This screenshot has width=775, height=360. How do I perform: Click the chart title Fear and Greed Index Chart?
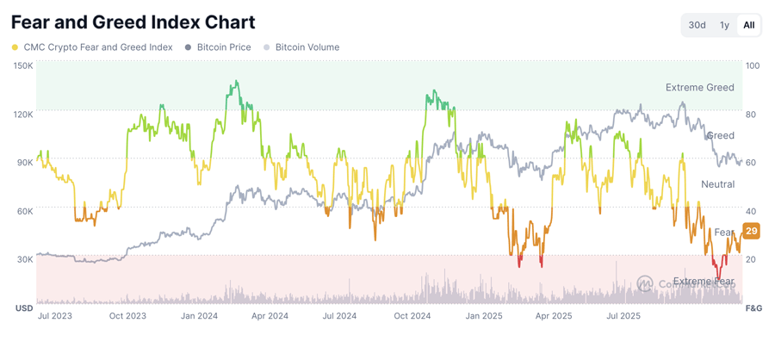[x=133, y=22]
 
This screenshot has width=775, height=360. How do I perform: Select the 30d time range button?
[x=697, y=25]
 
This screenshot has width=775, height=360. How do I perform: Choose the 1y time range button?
[x=724, y=25]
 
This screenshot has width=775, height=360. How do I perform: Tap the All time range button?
[x=749, y=25]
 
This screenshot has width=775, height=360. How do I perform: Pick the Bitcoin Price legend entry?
[x=219, y=47]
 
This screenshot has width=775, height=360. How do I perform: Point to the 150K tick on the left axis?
[x=23, y=65]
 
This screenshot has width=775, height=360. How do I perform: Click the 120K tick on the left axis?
[x=23, y=114]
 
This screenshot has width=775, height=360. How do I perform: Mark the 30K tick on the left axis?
[x=23, y=259]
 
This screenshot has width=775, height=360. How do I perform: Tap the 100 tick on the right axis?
[x=753, y=65]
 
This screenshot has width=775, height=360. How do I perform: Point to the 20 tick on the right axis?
[x=751, y=259]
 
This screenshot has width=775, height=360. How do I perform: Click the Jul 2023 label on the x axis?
[x=54, y=316]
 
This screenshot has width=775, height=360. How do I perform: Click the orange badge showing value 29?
[x=751, y=231]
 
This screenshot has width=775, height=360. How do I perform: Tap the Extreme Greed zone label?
[x=699, y=87]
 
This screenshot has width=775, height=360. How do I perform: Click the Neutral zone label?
[x=717, y=184]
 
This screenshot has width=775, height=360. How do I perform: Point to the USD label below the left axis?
[x=23, y=307]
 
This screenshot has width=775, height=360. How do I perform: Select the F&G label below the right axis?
[x=753, y=307]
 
